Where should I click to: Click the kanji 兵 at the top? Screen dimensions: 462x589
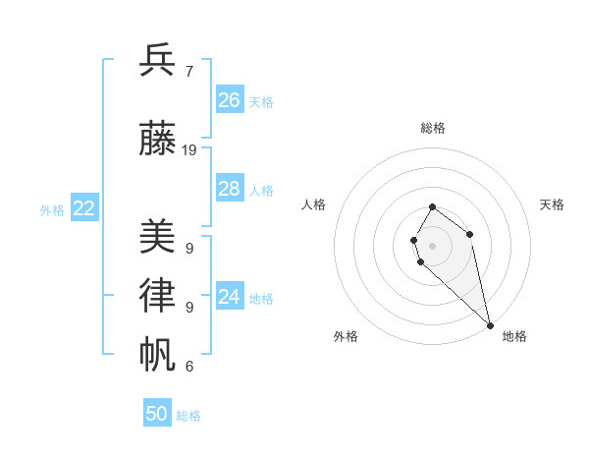point(158,61)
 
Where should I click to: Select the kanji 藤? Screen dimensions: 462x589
point(158,139)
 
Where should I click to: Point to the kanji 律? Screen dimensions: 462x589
point(158,296)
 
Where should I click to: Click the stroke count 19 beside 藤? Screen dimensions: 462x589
point(189,150)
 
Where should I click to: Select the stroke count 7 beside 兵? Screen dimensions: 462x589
point(188,72)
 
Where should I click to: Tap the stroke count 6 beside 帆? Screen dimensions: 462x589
point(188,367)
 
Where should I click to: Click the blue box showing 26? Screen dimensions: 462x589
point(230,100)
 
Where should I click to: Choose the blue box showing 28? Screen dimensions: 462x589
point(230,189)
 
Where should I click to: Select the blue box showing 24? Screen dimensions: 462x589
point(230,297)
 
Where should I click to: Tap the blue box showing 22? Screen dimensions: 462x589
point(84,207)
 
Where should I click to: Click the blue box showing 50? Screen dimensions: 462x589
point(157,414)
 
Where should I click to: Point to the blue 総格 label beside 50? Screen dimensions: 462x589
point(188,416)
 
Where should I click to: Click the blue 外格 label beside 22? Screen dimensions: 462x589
point(52,209)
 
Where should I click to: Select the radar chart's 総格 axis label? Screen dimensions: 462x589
point(433,128)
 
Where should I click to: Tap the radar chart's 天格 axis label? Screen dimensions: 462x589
point(552,204)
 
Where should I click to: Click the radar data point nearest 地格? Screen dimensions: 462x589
point(490,324)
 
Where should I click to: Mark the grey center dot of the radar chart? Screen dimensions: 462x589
point(433,245)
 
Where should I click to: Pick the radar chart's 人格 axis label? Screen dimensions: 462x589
point(314,204)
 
